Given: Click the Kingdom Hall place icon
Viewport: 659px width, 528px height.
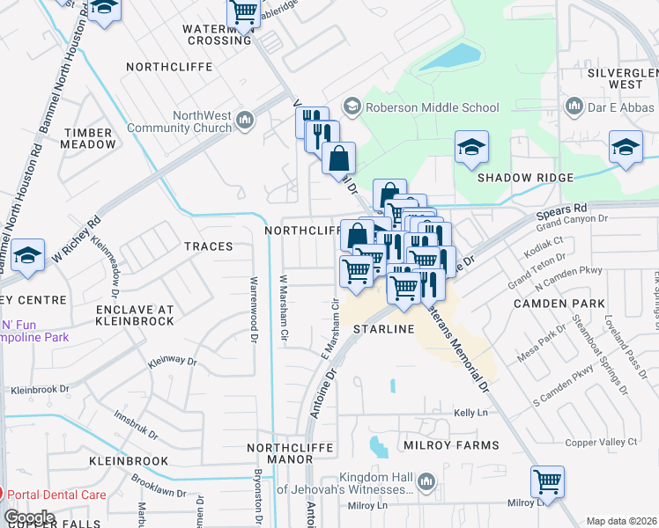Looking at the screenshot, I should coord(426,481).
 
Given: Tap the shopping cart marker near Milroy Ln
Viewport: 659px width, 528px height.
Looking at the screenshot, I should coord(547,481).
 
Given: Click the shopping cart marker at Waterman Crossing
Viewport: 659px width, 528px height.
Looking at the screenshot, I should coord(243,11).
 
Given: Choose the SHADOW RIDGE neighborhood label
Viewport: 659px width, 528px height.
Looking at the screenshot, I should coord(525,177).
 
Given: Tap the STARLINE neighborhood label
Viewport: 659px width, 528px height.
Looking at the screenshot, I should coord(383,328).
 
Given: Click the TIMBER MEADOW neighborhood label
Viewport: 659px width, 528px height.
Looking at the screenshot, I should coord(88,137).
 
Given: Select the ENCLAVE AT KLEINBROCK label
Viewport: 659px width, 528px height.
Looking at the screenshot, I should coord(123,316).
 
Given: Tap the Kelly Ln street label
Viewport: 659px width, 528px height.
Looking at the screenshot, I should coord(470,413).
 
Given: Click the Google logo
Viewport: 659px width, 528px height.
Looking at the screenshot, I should coord(30,517).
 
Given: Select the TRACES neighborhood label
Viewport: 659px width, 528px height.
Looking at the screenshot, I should coord(209,246).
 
